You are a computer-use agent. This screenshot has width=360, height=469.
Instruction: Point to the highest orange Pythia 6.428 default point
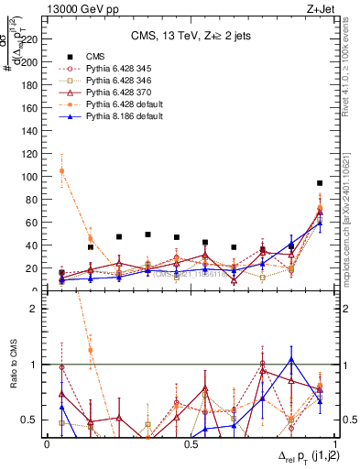coord(61,171)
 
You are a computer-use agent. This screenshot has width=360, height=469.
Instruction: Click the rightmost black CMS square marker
coord(320,183)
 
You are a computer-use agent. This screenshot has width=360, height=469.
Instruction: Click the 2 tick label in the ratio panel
coord(38,309)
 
